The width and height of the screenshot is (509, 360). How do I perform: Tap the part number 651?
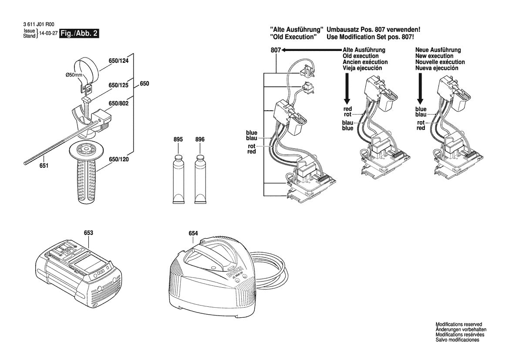coord(44,166)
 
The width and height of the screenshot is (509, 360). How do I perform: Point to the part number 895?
coord(178,139)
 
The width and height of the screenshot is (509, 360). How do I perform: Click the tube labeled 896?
coord(200,179)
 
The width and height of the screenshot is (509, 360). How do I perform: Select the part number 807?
coord(275,50)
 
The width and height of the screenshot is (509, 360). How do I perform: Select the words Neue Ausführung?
coord(438,50)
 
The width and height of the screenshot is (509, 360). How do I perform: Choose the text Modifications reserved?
coord(459,325)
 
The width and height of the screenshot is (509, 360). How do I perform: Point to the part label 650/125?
coord(119,85)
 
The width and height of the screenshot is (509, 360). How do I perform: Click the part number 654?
coord(193,234)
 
